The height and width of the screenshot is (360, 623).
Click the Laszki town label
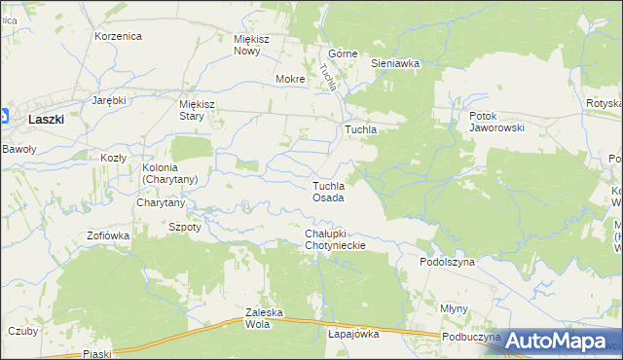coord(47,119)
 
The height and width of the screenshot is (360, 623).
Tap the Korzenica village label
coord(119,36)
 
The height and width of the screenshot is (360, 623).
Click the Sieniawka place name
coord(395,63)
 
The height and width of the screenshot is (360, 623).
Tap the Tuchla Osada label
coord(328,192)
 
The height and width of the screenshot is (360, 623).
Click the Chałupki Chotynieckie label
coord(335,239)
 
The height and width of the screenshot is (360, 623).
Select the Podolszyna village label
coord(447,262)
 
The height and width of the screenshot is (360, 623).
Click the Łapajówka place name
coord(353,334)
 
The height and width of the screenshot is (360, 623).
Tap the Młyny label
coord(454,307)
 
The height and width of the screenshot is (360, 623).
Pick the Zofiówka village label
coord(108,235)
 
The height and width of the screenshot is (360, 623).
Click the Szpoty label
coord(185,227)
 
